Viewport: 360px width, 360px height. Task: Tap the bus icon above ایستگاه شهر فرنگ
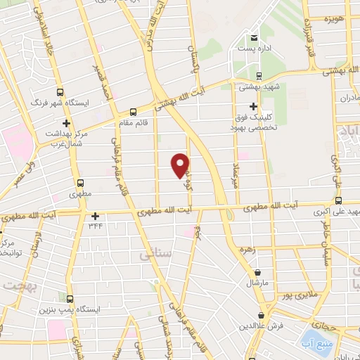[59, 92]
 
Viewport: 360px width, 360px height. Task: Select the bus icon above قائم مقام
[133, 112]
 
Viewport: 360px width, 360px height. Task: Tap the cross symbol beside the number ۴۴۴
[96, 216]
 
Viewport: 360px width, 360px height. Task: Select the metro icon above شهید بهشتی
[259, 77]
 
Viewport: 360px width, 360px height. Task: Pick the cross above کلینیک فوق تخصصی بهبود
[262, 106]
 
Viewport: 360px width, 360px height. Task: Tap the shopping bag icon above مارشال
[259, 273]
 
